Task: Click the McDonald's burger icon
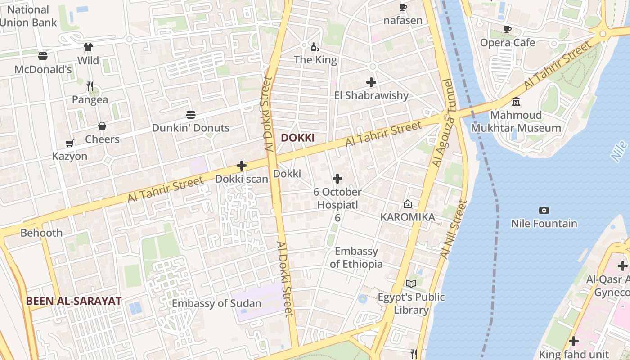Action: (43, 56)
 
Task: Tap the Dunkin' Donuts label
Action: (190, 128)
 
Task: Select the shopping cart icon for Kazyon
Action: (70, 143)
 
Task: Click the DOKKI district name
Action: (297, 138)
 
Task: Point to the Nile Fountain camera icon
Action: (544, 210)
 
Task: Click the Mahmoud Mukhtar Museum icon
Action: (516, 102)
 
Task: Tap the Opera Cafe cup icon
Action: (508, 30)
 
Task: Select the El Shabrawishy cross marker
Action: (371, 82)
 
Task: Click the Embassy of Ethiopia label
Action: (356, 257)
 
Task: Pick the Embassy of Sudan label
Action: (216, 303)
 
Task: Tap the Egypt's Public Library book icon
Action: (411, 283)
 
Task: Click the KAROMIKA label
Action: (407, 217)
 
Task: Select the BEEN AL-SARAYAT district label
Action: (73, 301)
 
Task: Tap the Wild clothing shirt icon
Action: (88, 47)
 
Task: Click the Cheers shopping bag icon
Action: (102, 126)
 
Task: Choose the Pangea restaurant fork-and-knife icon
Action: (90, 86)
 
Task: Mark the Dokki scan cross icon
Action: (242, 166)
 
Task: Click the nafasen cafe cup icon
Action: (403, 7)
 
